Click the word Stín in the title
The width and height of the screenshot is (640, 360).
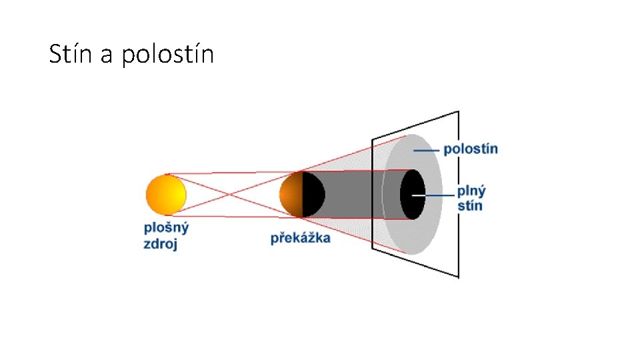71,54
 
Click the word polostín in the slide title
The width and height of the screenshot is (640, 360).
168,55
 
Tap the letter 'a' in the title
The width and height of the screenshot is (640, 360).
107,55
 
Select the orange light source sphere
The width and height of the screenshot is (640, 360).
166,194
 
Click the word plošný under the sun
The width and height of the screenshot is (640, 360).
167,227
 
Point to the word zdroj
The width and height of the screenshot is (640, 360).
161,243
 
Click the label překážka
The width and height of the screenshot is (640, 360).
300,237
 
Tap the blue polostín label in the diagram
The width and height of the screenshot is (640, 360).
471,148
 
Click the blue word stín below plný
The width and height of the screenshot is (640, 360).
469,205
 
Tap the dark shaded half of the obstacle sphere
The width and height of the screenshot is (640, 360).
313,194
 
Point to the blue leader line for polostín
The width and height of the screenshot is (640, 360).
427,151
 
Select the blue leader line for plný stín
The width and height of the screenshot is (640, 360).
437,195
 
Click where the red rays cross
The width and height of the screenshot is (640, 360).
231,195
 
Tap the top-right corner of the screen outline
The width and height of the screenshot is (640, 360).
458,111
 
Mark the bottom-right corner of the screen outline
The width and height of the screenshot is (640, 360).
459,277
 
